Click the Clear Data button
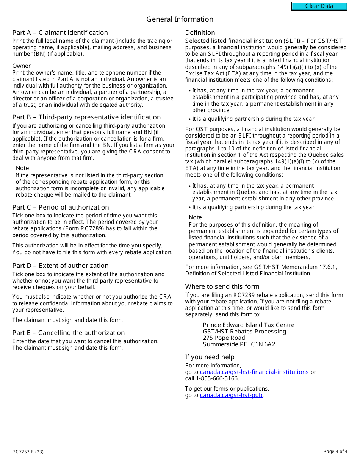point(319,6)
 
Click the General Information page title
point(180,19)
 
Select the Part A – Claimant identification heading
point(60,33)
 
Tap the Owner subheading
point(21,66)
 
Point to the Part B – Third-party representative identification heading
point(86,117)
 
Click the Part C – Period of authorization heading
point(61,207)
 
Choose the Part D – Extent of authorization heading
point(60,266)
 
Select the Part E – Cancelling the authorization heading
point(68,333)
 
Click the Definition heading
point(200,33)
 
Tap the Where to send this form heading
point(222,286)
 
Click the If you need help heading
point(210,357)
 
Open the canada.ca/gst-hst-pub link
point(231,395)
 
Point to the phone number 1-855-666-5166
point(217,378)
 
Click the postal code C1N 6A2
point(263,344)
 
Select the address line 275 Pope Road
point(224,338)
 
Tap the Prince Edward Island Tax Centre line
point(249,325)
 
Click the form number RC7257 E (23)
point(28,452)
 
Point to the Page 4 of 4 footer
point(335,452)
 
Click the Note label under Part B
point(22,168)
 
